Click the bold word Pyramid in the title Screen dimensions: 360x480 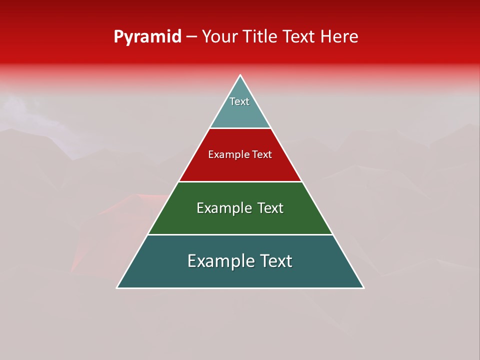pos(147,37)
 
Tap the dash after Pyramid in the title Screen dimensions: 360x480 pos(191,37)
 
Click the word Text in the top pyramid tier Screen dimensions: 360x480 pos(239,101)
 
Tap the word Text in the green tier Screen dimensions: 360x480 pos(270,208)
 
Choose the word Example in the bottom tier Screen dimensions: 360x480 pos(218,261)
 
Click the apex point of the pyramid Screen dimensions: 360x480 pos(240,75)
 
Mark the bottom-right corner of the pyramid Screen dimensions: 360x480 pos(363,287)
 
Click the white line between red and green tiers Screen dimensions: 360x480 pos(240,181)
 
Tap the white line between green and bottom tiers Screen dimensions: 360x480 pos(240,234)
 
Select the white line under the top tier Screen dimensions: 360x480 pos(240,128)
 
